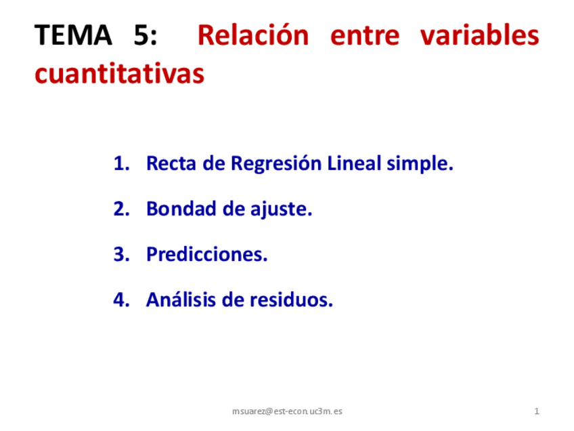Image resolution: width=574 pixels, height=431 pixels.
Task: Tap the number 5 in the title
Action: click(x=142, y=35)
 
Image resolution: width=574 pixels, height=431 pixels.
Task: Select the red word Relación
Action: click(x=252, y=35)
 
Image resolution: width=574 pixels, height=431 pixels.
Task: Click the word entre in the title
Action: click(x=363, y=35)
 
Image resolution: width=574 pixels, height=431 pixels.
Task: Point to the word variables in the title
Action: click(x=479, y=35)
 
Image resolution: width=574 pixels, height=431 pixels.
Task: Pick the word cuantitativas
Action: click(x=119, y=75)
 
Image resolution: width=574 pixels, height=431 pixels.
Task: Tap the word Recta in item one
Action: click(x=170, y=164)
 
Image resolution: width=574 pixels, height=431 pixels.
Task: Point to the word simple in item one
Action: click(x=420, y=165)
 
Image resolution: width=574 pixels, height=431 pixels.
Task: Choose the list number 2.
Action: click(x=120, y=209)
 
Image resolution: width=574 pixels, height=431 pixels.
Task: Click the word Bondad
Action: click(x=180, y=209)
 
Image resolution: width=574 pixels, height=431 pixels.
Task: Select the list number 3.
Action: click(x=120, y=255)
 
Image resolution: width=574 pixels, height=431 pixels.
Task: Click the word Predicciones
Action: click(x=207, y=255)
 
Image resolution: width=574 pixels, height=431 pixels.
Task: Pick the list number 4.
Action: click(x=120, y=300)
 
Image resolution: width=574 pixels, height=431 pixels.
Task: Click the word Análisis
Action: click(x=181, y=300)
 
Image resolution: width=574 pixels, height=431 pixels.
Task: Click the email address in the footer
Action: click(x=287, y=411)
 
